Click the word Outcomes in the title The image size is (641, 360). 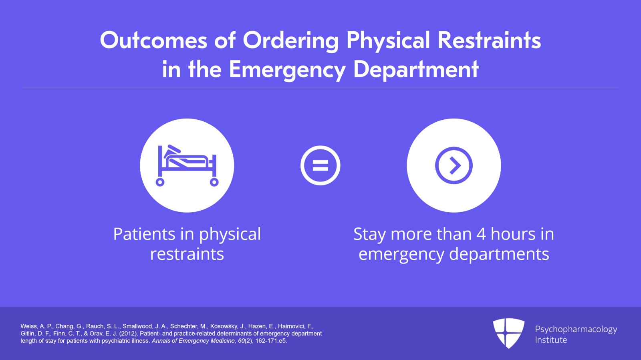(x=153, y=40)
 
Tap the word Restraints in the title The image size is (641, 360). (x=489, y=40)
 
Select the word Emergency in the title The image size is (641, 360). (x=287, y=70)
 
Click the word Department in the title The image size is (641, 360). (x=416, y=70)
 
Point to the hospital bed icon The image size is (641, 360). (x=187, y=165)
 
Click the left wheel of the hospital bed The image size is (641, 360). (x=160, y=182)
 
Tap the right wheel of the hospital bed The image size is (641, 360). (x=214, y=182)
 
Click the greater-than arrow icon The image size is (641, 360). (x=454, y=165)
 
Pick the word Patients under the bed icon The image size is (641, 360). (x=144, y=234)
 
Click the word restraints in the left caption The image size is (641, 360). (x=187, y=254)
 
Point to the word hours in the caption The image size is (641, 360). (x=513, y=234)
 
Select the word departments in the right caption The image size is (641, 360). (x=499, y=254)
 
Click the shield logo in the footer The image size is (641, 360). (x=509, y=333)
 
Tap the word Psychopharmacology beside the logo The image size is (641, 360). (x=576, y=330)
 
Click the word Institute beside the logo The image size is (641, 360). (x=551, y=340)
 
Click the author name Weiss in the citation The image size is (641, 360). (x=29, y=326)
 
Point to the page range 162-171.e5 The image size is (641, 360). (x=271, y=341)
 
